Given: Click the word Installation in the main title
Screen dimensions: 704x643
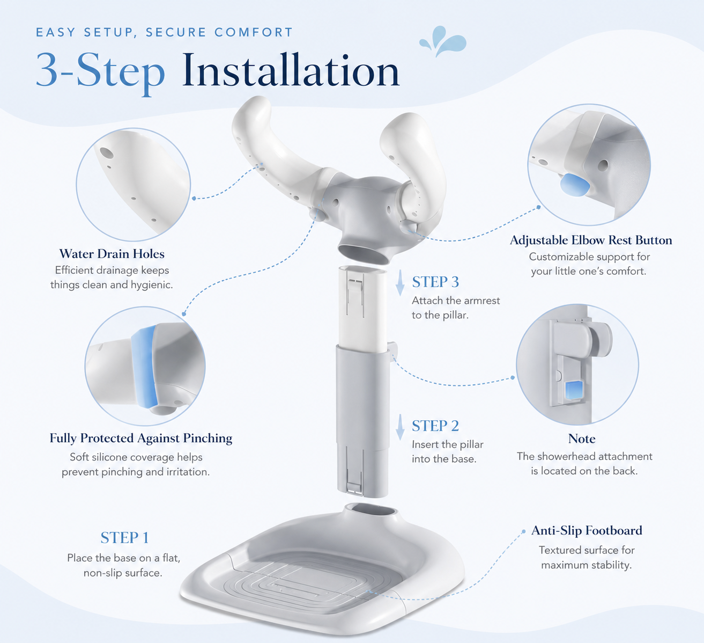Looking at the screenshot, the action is (x=291, y=70).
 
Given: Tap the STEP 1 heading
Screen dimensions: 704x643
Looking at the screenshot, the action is (x=124, y=538).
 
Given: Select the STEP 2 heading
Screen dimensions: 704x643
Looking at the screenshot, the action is (x=435, y=426).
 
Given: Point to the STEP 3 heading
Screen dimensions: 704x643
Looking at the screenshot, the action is (x=435, y=282).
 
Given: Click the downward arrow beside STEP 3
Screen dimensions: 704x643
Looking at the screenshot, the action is (x=400, y=283).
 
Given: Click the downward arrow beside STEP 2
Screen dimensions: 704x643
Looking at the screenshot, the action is (x=400, y=427).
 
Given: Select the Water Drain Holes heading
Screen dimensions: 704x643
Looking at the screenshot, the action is (x=112, y=254).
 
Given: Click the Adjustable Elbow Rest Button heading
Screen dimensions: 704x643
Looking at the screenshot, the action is (x=591, y=240).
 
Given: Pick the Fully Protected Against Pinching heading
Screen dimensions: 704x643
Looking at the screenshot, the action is (x=140, y=439).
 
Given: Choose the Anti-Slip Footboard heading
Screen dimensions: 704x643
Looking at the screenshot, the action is (x=587, y=531).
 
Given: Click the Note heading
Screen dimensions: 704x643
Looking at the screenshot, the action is (x=582, y=439).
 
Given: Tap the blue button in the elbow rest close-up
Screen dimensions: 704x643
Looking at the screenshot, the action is (x=574, y=185).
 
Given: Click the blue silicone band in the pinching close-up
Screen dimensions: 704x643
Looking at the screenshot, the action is (x=144, y=366).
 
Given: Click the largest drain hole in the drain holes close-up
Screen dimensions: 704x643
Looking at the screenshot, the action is (x=106, y=152).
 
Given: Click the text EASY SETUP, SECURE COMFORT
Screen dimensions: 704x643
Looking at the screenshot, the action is (x=164, y=32).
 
